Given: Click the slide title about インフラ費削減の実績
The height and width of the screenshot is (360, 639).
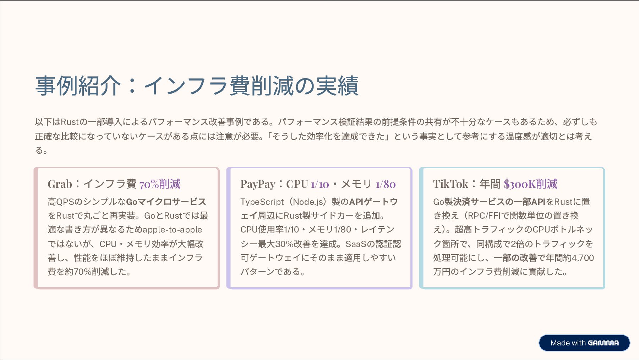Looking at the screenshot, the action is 197,86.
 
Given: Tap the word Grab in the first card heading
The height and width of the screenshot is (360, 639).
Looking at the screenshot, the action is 60,184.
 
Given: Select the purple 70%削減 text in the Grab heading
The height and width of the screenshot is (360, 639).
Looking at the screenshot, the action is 160,184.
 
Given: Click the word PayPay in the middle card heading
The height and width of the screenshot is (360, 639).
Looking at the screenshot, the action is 258,184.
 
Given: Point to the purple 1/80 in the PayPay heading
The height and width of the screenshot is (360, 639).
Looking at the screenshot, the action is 386,184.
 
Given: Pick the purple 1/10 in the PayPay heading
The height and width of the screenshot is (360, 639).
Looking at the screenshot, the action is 320,184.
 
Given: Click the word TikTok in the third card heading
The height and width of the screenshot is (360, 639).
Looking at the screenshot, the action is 450,184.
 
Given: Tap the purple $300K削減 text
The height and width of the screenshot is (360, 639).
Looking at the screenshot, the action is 530,184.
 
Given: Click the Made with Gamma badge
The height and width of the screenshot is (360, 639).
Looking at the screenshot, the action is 584,343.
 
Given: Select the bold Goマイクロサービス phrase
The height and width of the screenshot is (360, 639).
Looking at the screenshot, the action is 166,202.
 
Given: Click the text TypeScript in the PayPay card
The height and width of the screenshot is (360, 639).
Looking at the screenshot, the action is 262,202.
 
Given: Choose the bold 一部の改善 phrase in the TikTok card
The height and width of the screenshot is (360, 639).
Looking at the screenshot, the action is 515,258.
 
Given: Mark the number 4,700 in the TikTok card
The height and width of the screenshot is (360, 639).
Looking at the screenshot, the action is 583,258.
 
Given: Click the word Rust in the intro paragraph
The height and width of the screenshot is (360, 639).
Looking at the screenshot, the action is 70,122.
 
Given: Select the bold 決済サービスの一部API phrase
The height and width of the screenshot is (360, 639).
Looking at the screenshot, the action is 499,202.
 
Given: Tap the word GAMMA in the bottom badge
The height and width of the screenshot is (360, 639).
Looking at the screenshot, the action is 603,343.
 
